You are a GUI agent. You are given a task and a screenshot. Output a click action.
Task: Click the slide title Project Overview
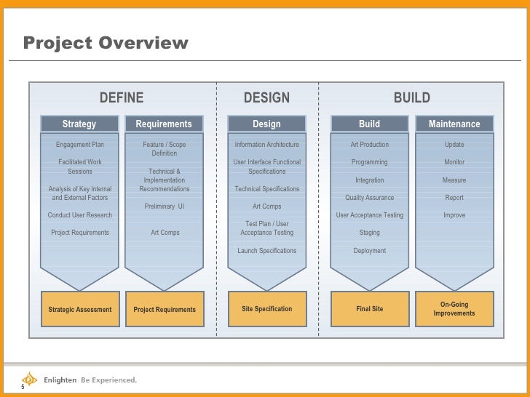(x=106, y=44)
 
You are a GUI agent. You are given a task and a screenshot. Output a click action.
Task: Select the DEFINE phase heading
(x=122, y=98)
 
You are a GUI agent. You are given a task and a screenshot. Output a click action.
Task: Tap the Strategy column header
(x=79, y=124)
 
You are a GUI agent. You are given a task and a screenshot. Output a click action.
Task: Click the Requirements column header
(x=164, y=124)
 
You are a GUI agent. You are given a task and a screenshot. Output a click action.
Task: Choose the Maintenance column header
(x=454, y=124)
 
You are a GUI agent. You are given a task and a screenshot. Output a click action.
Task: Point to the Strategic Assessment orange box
(x=79, y=309)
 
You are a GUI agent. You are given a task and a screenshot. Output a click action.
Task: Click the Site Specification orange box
(x=266, y=309)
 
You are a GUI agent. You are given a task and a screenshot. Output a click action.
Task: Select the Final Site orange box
(x=369, y=309)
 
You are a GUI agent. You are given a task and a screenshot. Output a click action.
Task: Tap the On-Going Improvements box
(x=454, y=309)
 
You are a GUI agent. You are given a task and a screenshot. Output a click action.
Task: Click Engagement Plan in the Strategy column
(x=79, y=145)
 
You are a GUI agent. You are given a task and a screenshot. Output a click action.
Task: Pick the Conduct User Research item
(x=79, y=215)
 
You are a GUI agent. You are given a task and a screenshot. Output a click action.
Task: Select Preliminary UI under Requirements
(x=164, y=206)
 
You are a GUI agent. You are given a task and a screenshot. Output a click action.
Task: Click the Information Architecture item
(x=266, y=145)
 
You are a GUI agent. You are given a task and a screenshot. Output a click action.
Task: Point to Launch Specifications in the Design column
(x=266, y=251)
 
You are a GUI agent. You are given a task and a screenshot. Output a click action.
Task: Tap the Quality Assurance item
(x=369, y=198)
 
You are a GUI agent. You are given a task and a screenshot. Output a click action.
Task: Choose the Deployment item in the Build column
(x=369, y=251)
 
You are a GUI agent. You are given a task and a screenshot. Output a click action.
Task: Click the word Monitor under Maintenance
(x=454, y=162)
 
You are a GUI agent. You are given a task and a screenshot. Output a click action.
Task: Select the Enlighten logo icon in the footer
(x=29, y=378)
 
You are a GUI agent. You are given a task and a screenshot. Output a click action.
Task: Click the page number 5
(x=23, y=387)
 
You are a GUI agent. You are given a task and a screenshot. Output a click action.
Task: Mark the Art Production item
(x=369, y=145)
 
